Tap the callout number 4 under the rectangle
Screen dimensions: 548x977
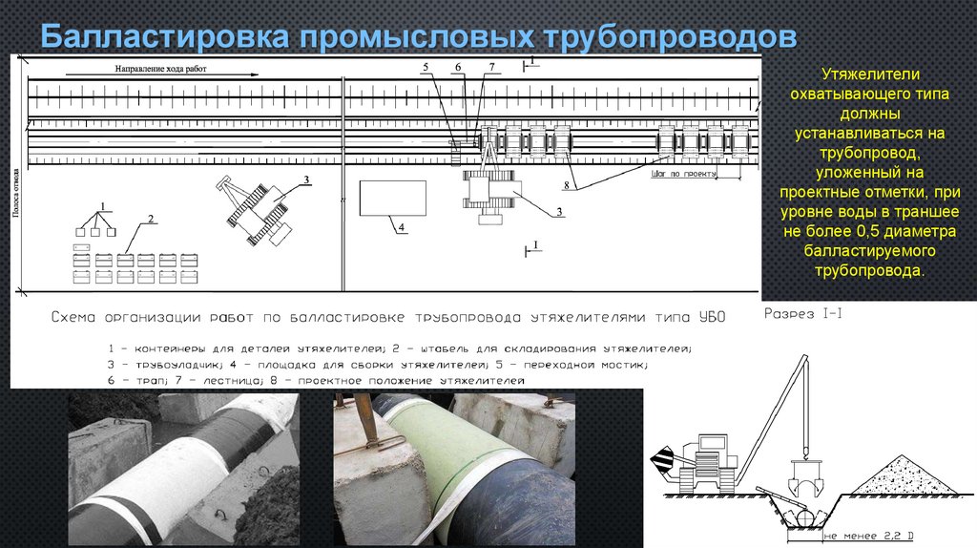point(402,226)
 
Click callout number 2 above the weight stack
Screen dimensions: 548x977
point(149,219)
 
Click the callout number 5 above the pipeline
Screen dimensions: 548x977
point(426,67)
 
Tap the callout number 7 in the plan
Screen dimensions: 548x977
point(491,67)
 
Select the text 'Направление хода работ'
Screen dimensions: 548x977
point(161,69)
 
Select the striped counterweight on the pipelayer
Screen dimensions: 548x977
point(660,463)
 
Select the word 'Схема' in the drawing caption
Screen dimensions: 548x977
point(75,317)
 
